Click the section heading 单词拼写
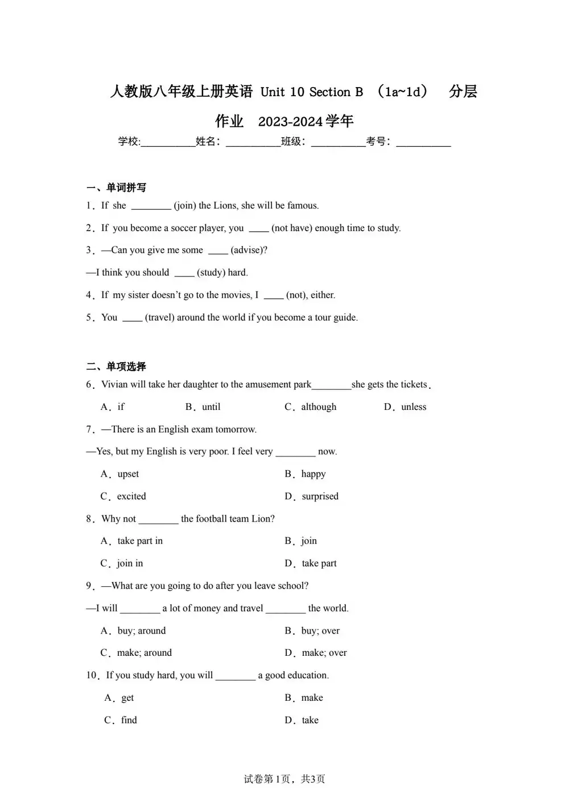(126, 187)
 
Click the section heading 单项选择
(126, 366)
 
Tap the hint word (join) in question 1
(184, 206)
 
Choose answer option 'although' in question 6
(319, 406)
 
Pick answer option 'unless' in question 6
(414, 406)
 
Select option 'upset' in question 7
(128, 474)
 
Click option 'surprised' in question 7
(320, 496)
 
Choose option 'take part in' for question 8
(140, 541)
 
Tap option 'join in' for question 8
(130, 563)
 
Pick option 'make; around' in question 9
(144, 652)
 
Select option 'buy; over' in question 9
(320, 630)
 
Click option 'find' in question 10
(129, 720)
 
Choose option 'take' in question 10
(310, 720)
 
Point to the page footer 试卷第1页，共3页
(284, 779)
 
